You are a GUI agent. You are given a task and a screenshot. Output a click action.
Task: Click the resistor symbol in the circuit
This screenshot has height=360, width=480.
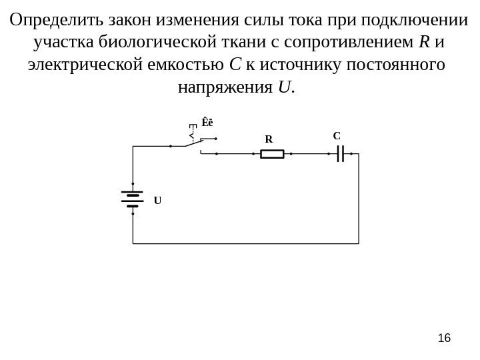pos(272,155)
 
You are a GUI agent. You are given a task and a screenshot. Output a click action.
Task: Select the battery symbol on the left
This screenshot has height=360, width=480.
pos(133,199)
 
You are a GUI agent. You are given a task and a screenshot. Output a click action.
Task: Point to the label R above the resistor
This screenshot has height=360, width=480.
pos(268,140)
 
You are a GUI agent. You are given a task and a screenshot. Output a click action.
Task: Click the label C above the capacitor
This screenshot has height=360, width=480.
pos(337,136)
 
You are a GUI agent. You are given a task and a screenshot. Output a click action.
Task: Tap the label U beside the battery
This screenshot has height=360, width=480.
pos(158,200)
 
